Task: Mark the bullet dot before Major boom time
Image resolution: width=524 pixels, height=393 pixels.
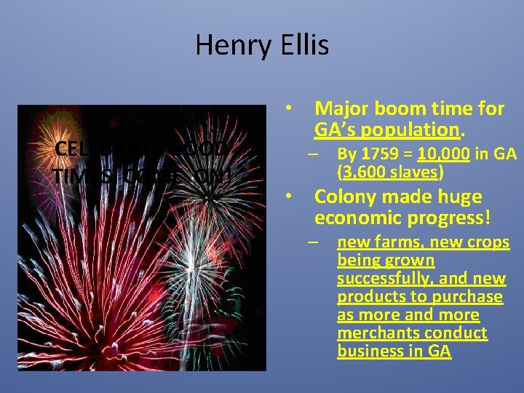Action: (x=289, y=109)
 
